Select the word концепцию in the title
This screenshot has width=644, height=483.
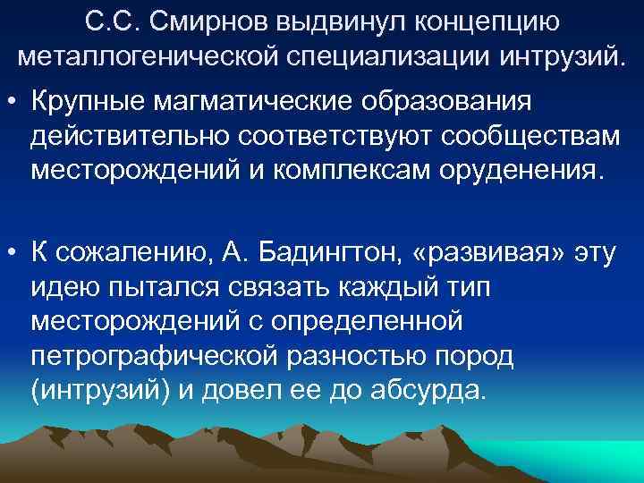[491, 21]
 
